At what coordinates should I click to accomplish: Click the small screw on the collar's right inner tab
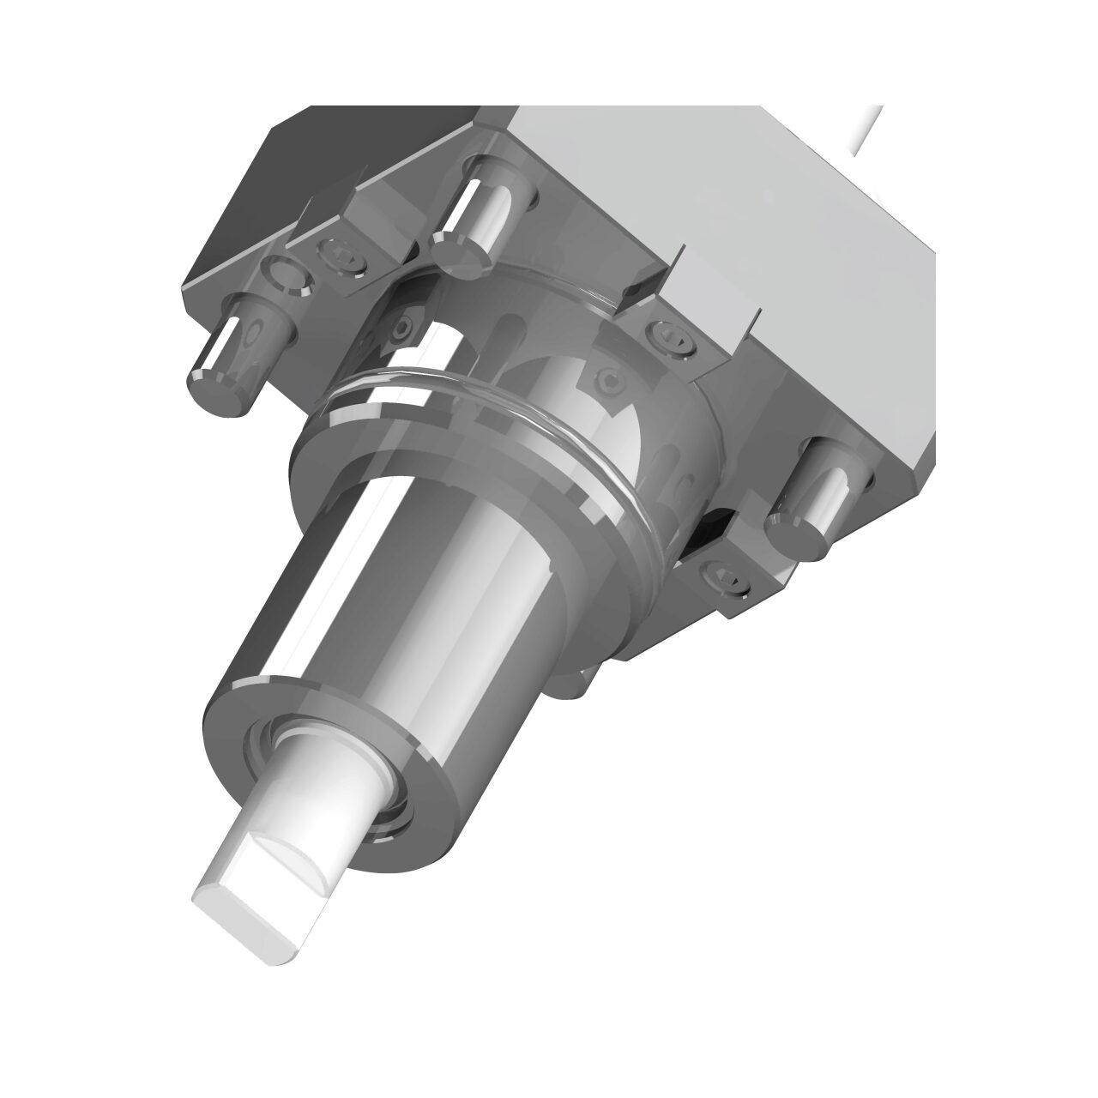pos(609,377)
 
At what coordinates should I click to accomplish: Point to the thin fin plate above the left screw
pos(322,210)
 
